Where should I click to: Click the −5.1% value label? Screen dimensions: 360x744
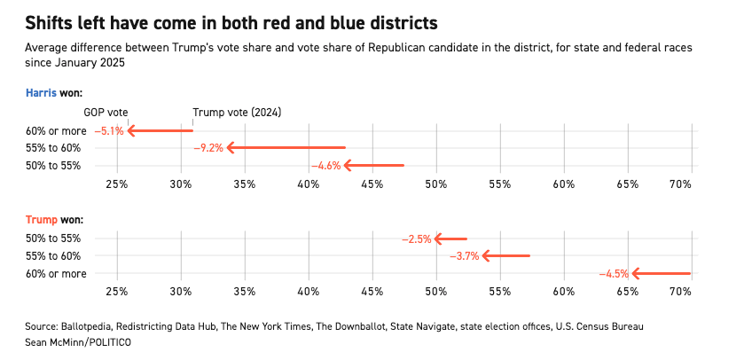(x=109, y=131)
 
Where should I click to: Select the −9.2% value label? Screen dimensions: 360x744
(x=208, y=148)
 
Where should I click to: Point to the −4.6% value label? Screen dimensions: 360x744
(x=325, y=166)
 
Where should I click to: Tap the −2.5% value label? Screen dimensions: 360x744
(x=416, y=239)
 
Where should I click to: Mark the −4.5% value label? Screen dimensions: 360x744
(x=614, y=274)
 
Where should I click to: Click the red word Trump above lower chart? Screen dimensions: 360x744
(x=41, y=219)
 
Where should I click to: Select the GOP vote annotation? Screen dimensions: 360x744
(x=106, y=113)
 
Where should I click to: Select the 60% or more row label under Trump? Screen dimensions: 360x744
(x=56, y=274)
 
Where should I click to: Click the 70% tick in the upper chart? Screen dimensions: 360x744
(x=680, y=184)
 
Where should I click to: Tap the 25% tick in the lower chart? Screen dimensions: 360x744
(x=117, y=292)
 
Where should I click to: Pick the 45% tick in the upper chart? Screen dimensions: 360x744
(x=372, y=184)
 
